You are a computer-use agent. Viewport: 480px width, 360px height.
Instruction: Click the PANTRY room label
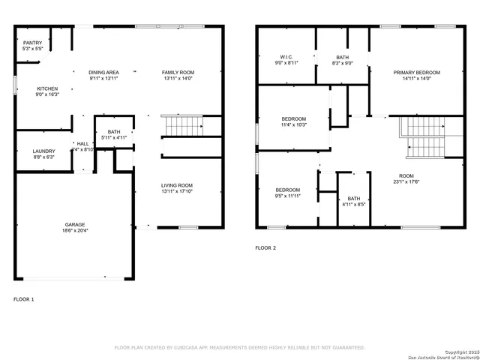[x=32, y=43]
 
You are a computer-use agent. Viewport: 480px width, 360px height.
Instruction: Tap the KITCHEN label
[x=47, y=88]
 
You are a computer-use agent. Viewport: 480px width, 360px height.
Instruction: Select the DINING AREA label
[x=103, y=72]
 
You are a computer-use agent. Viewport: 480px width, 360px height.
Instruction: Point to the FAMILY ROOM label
[x=178, y=72]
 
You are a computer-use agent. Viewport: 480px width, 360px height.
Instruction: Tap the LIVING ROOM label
[x=177, y=185]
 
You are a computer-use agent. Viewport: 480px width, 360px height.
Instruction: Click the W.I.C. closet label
[x=285, y=57]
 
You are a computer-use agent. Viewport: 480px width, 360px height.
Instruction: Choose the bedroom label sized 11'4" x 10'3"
[x=293, y=119]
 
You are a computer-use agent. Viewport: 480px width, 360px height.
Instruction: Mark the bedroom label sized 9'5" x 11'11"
[x=287, y=190]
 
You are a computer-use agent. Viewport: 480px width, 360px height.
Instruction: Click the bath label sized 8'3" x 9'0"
[x=342, y=57]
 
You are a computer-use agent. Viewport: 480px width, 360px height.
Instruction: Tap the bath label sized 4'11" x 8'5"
[x=352, y=199]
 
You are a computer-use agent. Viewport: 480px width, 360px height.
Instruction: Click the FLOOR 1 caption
[x=24, y=298]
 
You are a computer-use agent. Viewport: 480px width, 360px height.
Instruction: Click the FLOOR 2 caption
[x=265, y=247]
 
